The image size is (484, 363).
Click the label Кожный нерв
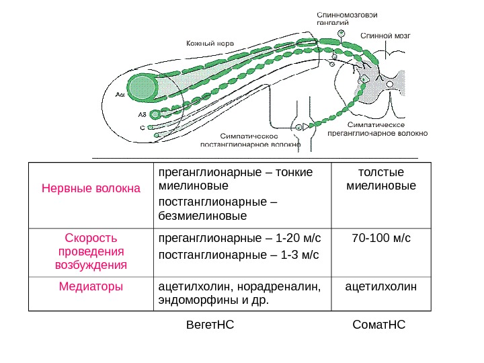click(210, 42)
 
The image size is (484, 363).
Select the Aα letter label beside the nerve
click(120, 95)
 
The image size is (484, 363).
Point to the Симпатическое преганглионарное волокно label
click(377, 129)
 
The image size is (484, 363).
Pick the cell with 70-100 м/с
click(380, 238)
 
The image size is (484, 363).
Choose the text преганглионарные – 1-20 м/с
click(239, 238)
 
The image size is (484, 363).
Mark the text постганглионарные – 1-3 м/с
click(237, 255)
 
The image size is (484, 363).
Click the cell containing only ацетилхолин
click(380, 286)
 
